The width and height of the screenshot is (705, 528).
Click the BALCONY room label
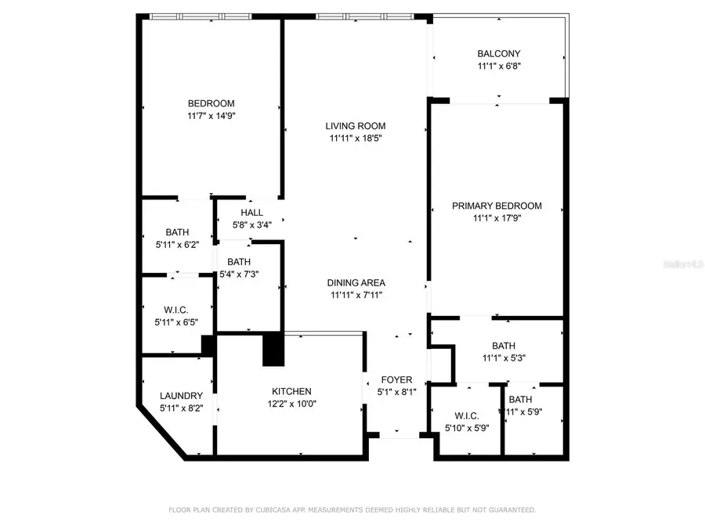coord(498,54)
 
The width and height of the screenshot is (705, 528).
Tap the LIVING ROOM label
coord(356,126)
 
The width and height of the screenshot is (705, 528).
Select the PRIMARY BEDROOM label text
coord(497,207)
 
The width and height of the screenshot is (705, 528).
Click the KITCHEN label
coord(291,391)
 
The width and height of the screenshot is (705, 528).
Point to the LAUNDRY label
coord(181,396)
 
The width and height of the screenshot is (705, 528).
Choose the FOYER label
coord(396,380)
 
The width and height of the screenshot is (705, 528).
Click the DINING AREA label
coord(356,282)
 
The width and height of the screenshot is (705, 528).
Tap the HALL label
coord(251,213)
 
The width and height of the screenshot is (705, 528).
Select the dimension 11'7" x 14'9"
coord(211,116)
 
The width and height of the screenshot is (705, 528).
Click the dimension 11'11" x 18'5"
coord(356,138)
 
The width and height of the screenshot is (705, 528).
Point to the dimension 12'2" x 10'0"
coord(291,404)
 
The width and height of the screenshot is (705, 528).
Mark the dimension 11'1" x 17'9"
coord(497,219)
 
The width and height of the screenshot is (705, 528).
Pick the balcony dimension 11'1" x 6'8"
coord(498,66)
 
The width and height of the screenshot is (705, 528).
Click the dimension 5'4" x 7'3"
coord(238,274)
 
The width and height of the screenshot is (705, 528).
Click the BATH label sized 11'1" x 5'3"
coord(504,346)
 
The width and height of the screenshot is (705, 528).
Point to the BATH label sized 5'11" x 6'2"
coord(177,232)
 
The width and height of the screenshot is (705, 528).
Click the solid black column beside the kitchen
coord(273,349)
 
